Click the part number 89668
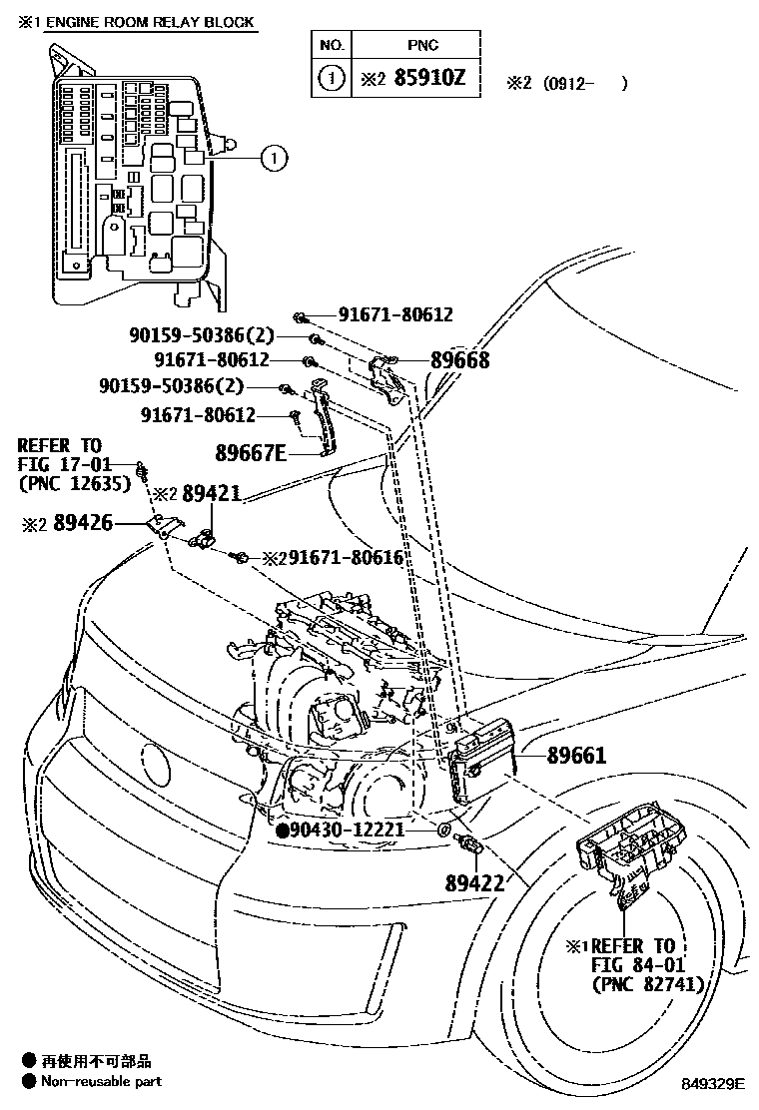click(459, 360)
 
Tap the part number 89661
click(576, 756)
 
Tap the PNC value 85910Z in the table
click(429, 78)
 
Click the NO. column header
click(332, 45)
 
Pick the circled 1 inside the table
click(332, 78)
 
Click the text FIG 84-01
click(635, 964)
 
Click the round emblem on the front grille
click(157, 765)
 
